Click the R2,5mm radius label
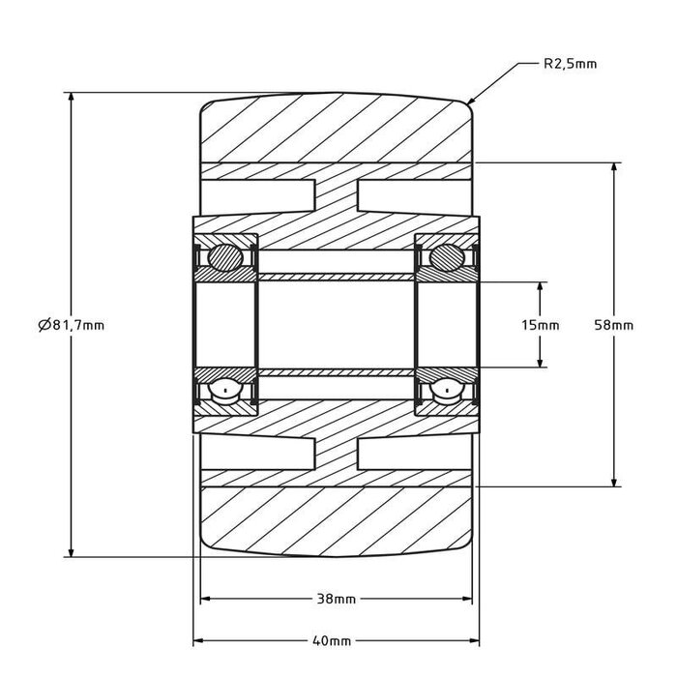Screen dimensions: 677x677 click(570, 64)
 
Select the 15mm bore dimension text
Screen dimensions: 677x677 click(540, 325)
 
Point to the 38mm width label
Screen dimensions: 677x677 click(337, 599)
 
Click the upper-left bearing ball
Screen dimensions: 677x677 click(224, 257)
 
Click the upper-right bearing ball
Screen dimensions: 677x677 click(448, 257)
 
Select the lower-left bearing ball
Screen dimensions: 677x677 click(224, 392)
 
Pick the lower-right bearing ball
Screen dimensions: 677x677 click(448, 392)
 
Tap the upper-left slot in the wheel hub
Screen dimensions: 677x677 click(258, 196)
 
